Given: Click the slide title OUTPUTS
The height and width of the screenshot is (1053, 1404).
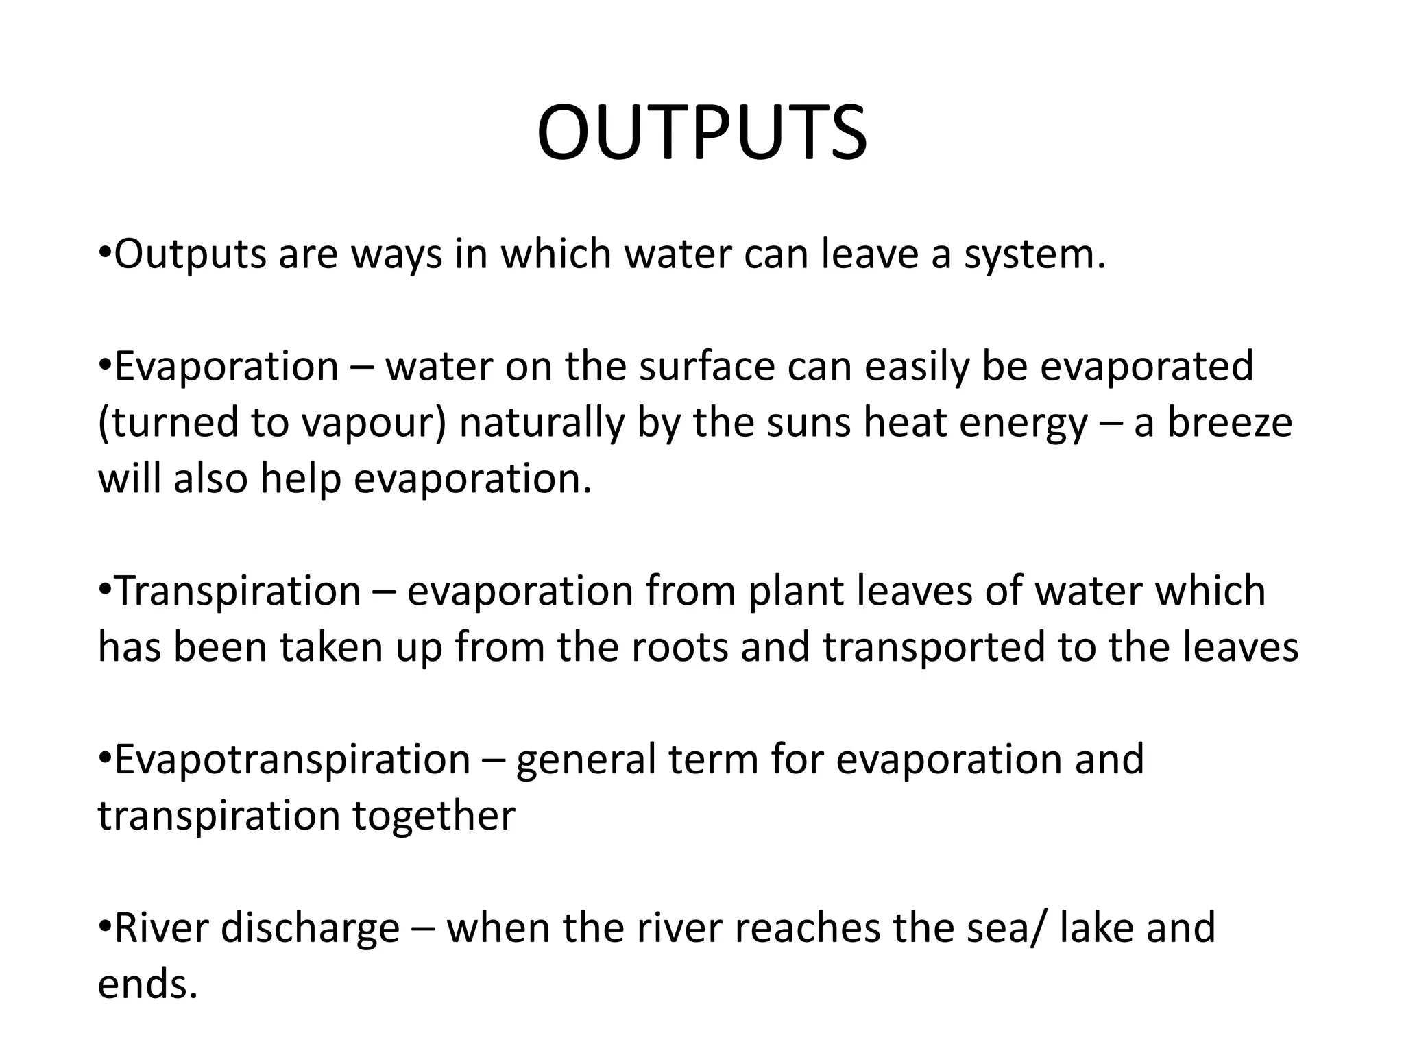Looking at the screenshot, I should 702,134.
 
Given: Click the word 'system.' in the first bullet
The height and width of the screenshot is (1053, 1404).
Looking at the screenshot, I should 1034,255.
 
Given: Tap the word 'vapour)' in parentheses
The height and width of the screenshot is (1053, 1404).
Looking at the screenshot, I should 373,423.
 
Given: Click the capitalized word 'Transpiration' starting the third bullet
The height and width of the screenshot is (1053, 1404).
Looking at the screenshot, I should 237,592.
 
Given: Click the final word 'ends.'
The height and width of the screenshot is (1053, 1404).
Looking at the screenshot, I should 147,984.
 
